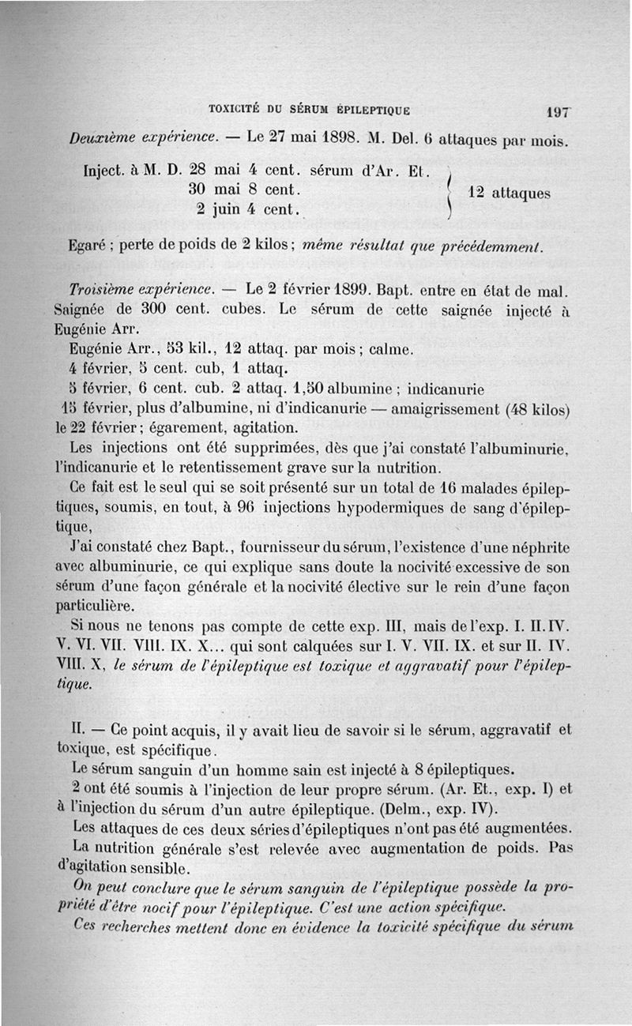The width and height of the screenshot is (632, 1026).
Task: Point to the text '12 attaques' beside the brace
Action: point(509,192)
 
